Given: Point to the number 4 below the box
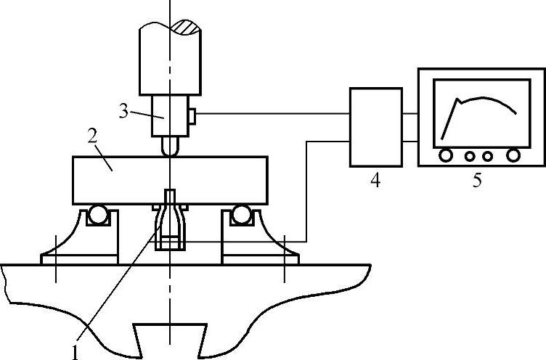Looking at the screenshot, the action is tap(375, 181).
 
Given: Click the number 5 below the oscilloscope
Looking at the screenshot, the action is tap(477, 181).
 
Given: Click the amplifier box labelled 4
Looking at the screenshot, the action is tap(375, 127).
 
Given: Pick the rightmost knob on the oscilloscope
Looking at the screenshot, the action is tap(513, 155).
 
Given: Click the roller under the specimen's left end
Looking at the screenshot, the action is tap(98, 215).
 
